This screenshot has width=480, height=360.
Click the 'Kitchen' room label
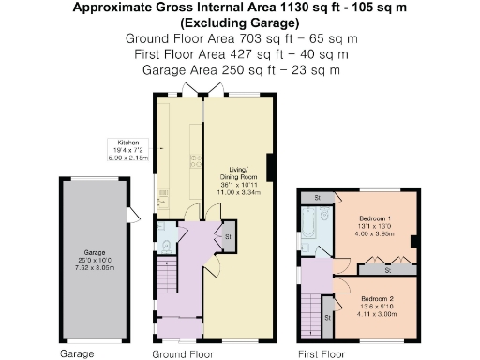128,142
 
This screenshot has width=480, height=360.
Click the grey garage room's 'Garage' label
94,252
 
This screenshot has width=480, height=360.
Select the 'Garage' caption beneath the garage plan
77,354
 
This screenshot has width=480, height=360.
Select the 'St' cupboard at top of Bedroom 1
318,199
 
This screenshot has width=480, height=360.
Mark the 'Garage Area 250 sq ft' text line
239,69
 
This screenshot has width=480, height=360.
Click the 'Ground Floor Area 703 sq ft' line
239,39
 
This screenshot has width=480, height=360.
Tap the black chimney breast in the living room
270,168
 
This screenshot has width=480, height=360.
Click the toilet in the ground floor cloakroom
165,247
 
